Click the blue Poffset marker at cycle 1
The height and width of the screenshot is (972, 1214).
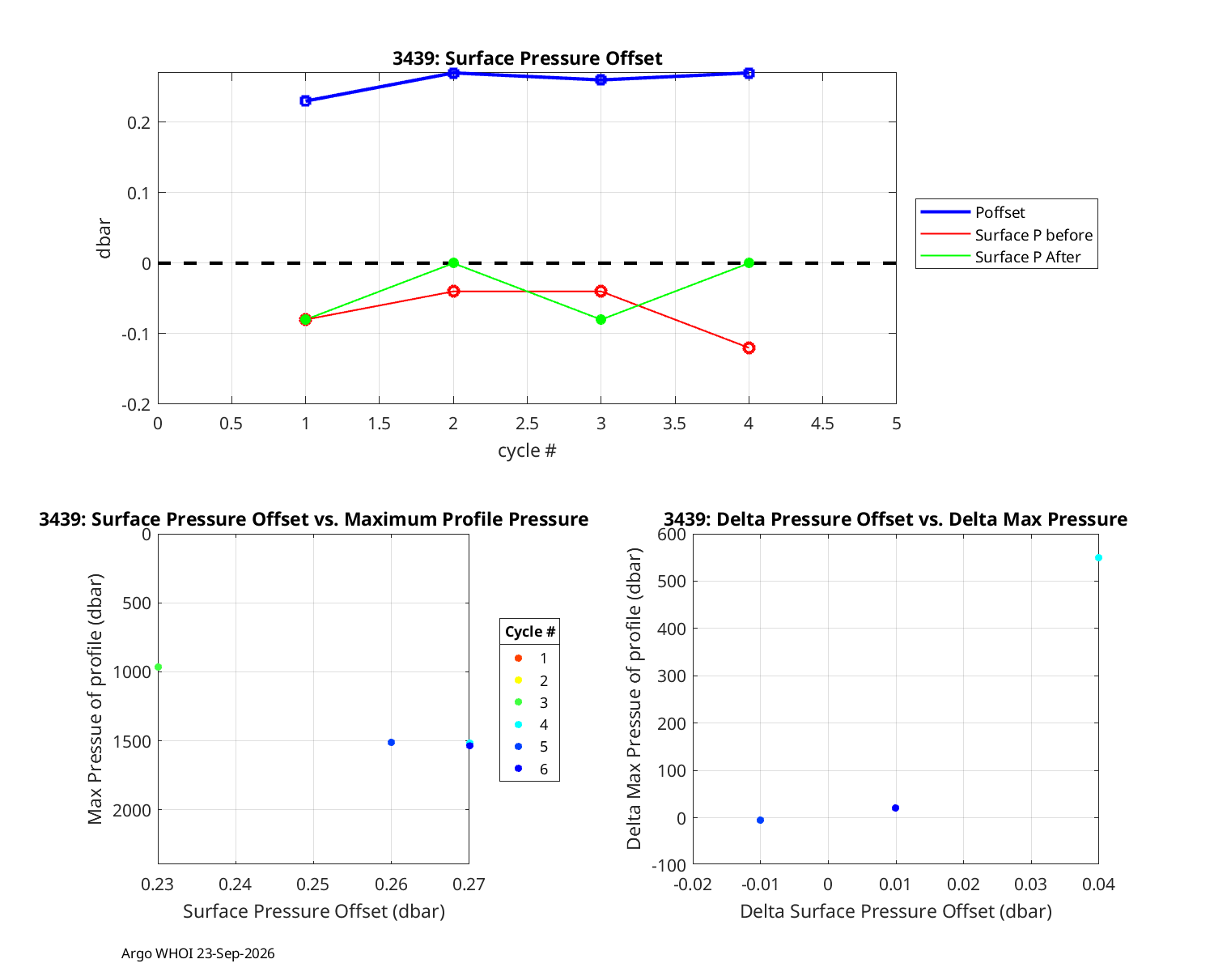[x=306, y=101]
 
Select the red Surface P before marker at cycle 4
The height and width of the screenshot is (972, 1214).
[x=749, y=348]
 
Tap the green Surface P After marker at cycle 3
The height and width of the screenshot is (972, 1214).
[x=601, y=320]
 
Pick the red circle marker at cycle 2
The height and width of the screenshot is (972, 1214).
[x=453, y=292]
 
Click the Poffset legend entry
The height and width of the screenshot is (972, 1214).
[x=973, y=212]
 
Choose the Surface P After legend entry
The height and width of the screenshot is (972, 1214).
[x=1001, y=257]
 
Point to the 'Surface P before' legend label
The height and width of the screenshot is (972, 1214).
[x=1034, y=235]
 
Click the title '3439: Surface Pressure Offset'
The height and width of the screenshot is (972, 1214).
[x=528, y=58]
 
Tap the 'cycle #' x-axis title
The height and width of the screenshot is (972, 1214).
[x=527, y=450]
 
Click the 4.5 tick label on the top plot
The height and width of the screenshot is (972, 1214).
[x=822, y=424]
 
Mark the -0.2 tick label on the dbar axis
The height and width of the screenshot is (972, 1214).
[x=137, y=404]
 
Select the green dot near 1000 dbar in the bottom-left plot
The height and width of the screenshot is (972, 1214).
[x=159, y=667]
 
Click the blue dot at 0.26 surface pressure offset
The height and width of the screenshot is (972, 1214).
[x=392, y=742]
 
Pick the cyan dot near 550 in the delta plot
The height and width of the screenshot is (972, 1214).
[x=1099, y=558]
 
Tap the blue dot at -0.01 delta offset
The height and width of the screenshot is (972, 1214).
[x=761, y=820]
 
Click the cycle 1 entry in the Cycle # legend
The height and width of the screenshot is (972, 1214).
[x=531, y=658]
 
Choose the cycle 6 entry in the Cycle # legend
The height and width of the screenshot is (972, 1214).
[x=531, y=769]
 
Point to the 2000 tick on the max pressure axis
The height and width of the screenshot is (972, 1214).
[x=132, y=811]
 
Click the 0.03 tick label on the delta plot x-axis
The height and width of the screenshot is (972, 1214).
[x=1030, y=885]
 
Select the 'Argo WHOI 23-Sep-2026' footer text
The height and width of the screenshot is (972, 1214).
[x=198, y=953]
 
